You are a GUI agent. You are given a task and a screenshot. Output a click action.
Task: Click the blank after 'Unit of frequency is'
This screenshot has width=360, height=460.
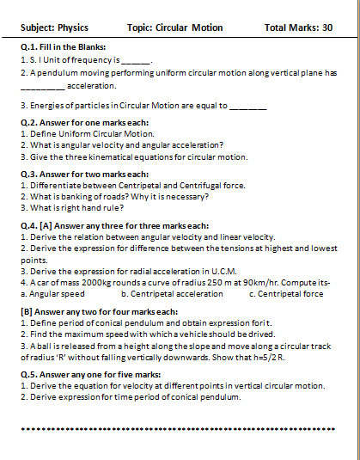136,63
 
